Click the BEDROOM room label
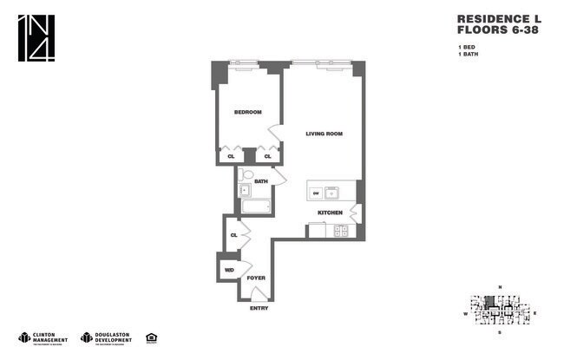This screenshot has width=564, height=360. click(248, 112)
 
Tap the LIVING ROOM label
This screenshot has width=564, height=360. click(325, 134)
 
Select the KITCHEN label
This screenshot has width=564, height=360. click(330, 213)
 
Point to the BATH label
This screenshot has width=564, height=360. click(261, 181)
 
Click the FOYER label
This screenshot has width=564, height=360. click(256, 278)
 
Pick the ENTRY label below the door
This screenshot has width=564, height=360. click(259, 308)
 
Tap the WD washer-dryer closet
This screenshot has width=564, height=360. click(229, 270)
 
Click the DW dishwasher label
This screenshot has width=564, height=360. click(317, 192)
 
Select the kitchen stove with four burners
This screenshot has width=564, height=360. click(341, 231)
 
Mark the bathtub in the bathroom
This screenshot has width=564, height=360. click(256, 206)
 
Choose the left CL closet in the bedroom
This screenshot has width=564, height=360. click(231, 157)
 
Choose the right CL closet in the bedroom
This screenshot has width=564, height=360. click(269, 157)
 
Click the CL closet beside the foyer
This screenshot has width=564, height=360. click(233, 234)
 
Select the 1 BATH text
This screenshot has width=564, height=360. click(469, 54)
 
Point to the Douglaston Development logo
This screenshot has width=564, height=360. click(105, 337)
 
